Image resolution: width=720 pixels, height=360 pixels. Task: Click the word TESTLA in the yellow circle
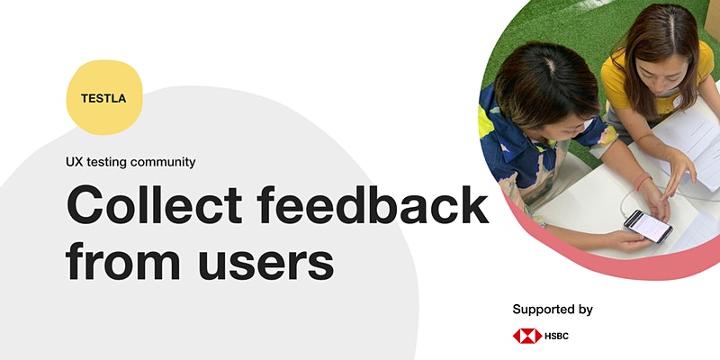pos(103,98)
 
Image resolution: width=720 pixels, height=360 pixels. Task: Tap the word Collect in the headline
pos(154,204)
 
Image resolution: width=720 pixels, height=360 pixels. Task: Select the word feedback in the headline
pos(373,204)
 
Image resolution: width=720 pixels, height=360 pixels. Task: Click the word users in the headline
pos(265,261)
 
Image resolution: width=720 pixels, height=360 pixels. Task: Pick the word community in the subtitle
pos(163,163)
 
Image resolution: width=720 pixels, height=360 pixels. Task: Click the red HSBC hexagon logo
pos(527,336)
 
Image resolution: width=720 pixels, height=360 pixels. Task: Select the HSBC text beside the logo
pos(556,336)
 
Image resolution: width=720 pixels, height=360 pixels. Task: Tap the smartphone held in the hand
pos(648,226)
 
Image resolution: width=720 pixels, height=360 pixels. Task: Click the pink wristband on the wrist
pos(642,181)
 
